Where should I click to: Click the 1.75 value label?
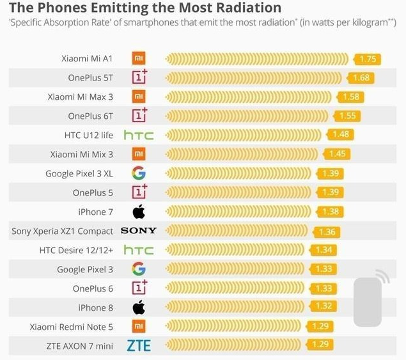tap(368, 59)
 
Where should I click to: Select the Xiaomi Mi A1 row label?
tap(87, 59)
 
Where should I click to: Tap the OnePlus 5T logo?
tap(139, 78)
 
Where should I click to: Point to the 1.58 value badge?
tap(351, 97)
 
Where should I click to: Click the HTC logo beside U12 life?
tap(139, 136)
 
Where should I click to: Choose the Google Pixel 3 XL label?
tap(79, 174)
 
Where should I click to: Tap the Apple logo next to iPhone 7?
tap(139, 212)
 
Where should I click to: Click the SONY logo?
tap(139, 231)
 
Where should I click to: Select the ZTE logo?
tap(139, 346)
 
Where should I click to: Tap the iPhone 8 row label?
tap(96, 308)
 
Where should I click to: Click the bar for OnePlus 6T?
tap(247, 116)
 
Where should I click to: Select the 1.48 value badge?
tap(341, 136)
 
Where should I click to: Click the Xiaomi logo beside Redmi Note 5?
tap(139, 327)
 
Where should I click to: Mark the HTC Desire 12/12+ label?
tap(77, 250)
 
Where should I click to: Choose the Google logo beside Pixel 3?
tap(139, 269)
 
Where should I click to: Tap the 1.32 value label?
tap(324, 308)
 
